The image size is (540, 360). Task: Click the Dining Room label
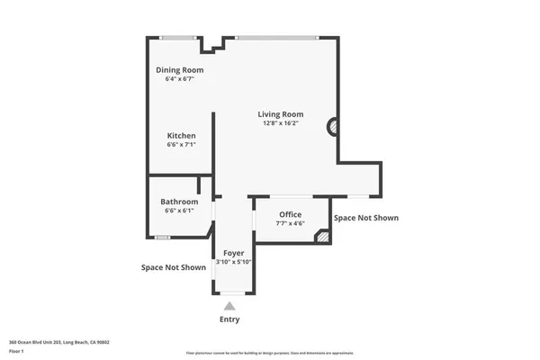point(180,69)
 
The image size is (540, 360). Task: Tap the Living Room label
point(280,114)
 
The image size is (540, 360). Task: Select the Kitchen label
point(181,136)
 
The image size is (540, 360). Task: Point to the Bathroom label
point(179,202)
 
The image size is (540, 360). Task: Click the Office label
point(290,214)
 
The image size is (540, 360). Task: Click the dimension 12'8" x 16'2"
point(280,123)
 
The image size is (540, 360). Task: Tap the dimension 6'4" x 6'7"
point(180,79)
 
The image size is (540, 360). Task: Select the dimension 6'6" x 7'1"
point(181,145)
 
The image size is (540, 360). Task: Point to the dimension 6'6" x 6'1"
point(179,211)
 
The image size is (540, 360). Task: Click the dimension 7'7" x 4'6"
point(290,223)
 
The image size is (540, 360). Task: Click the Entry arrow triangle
point(230,306)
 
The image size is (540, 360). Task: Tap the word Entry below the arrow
point(230,319)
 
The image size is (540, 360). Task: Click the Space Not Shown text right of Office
point(365,218)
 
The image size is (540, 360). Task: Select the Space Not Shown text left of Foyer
point(173,267)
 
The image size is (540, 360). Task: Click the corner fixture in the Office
point(320,236)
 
